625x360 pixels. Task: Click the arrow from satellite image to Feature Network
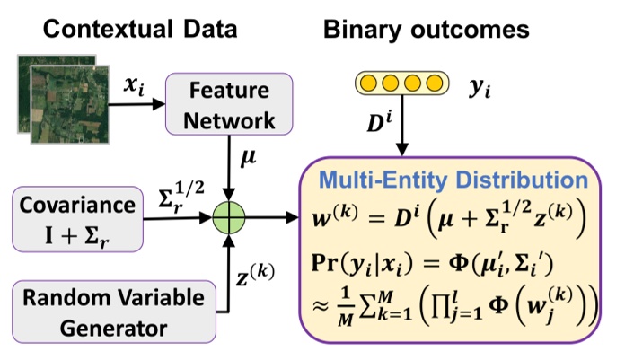click(135, 104)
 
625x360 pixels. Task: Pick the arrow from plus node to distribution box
click(278, 216)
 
